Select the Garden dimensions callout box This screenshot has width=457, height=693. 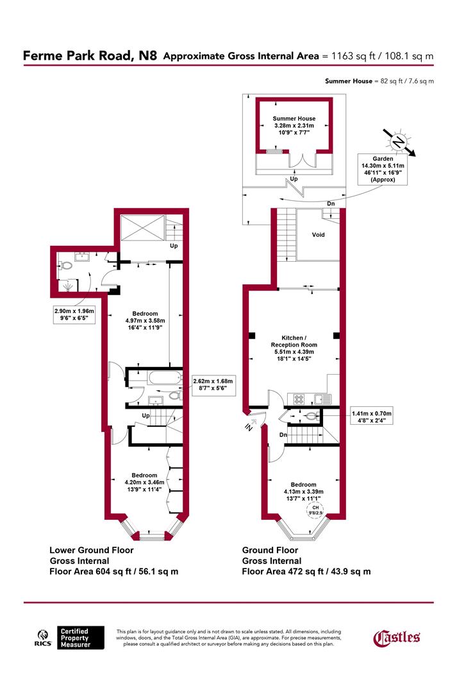pyautogui.click(x=383, y=169)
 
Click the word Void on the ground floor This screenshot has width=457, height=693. pyautogui.click(x=318, y=235)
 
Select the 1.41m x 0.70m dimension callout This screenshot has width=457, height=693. pyautogui.click(x=371, y=417)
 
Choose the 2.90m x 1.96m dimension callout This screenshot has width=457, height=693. pyautogui.click(x=74, y=314)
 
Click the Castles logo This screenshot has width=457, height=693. pyautogui.click(x=397, y=637)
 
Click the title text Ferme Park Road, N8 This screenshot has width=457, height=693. pyautogui.click(x=90, y=56)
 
